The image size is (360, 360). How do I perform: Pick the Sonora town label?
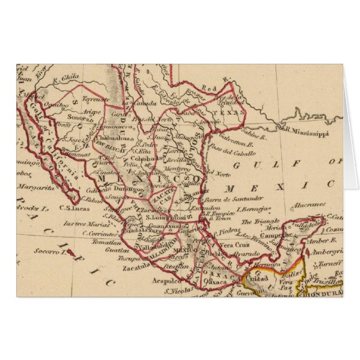(x=61, y=119)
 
